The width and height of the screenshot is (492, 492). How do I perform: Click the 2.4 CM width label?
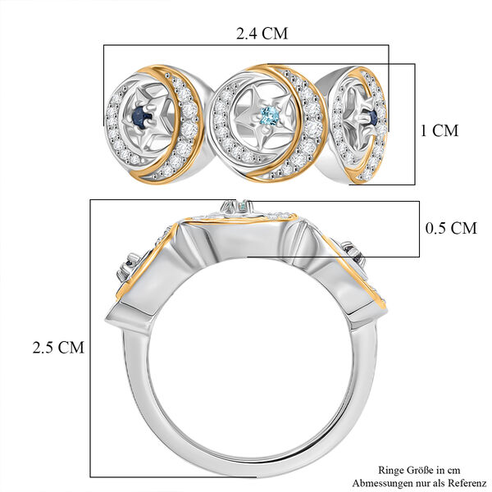tap(262, 34)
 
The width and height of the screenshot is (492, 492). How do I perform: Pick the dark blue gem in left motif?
tap(140, 114)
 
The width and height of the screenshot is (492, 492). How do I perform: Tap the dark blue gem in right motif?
tap(373, 118)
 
